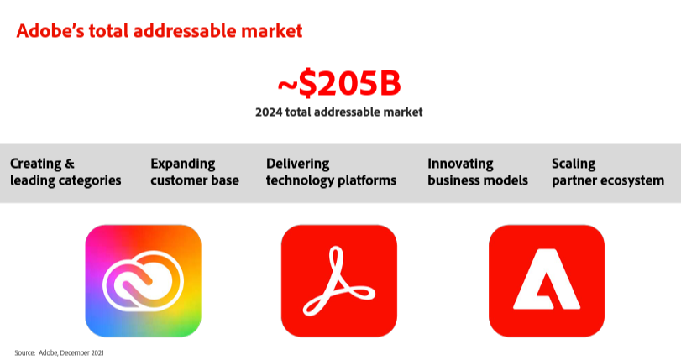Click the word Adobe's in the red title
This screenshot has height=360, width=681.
(50, 31)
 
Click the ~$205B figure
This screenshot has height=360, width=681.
(339, 82)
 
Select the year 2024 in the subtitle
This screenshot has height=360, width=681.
(269, 112)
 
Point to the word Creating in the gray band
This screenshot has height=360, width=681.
(35, 164)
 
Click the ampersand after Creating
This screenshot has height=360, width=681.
(70, 164)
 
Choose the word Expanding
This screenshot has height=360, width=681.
(183, 164)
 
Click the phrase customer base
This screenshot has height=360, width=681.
(195, 180)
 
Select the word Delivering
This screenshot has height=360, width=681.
(298, 164)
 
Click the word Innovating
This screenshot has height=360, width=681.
(460, 164)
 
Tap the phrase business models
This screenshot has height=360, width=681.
(478, 180)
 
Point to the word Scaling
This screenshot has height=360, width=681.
(574, 164)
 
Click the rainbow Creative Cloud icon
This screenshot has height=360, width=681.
(144, 280)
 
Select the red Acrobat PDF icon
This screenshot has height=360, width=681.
(339, 280)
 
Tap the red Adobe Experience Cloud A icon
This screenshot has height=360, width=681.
(547, 280)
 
